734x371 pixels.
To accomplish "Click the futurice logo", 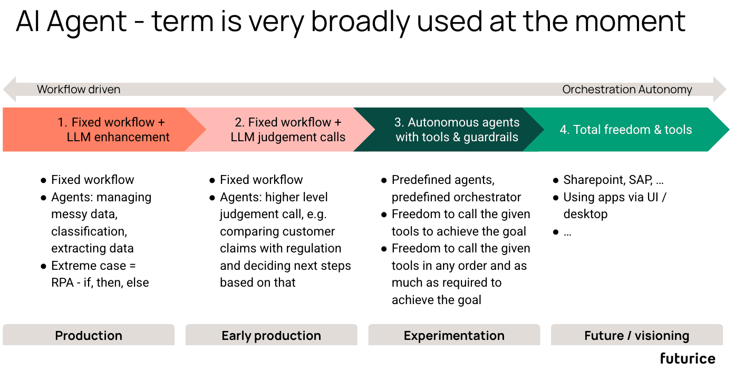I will [x=687, y=359].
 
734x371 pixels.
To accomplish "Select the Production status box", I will [x=89, y=335].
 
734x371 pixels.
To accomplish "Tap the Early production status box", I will [x=271, y=335].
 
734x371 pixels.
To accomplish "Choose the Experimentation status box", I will [x=454, y=335].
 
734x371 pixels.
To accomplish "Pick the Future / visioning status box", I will [x=636, y=335].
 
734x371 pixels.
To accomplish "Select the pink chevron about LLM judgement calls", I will [x=288, y=130].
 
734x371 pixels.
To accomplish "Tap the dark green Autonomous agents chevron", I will [x=457, y=130].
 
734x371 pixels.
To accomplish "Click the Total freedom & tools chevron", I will [x=625, y=130].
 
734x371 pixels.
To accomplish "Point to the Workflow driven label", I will [x=79, y=90].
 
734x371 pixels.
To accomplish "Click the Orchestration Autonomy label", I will [x=627, y=90].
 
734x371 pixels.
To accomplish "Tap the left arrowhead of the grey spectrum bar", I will [x=9, y=89].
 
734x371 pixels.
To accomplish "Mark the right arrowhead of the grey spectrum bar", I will [x=720, y=89].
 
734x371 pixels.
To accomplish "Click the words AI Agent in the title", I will [x=72, y=22].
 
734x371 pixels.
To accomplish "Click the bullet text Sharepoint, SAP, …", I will [x=613, y=180].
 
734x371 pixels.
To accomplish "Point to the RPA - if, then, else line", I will [x=100, y=282].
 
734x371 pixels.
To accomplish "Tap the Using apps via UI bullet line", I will [x=615, y=197].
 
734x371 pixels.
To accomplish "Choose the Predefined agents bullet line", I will [x=443, y=180].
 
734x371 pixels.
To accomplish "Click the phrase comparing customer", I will [x=277, y=231].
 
